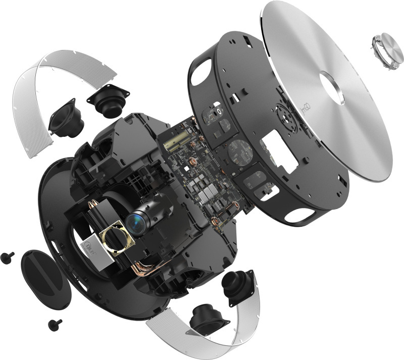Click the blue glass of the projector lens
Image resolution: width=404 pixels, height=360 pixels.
[135, 221]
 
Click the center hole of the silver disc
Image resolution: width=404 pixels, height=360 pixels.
[334, 88]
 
